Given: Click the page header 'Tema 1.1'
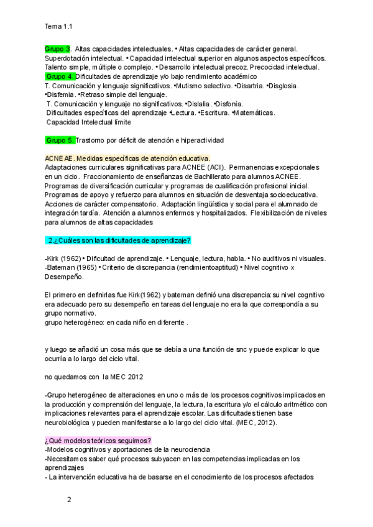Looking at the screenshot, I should tap(59, 26).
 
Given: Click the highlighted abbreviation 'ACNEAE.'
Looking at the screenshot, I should tap(60, 158).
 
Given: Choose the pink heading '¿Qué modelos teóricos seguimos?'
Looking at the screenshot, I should tap(99, 441).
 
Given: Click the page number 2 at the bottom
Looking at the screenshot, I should tap(70, 498).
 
